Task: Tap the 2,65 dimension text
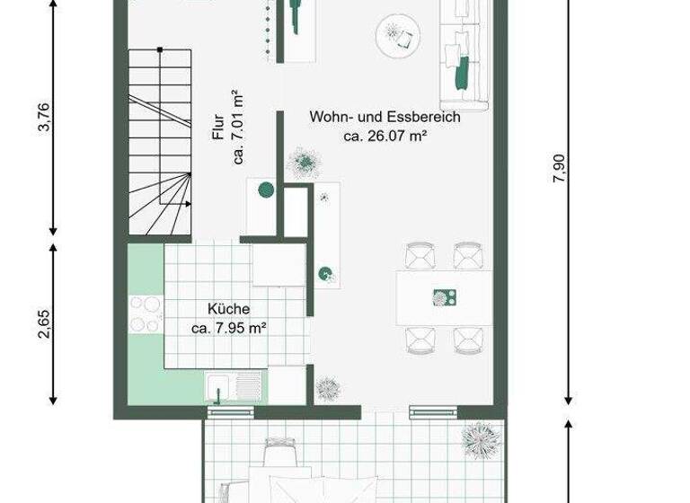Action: click(42, 324)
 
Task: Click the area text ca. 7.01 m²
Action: click(239, 128)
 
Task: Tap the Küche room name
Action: click(228, 309)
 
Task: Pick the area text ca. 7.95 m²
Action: click(228, 329)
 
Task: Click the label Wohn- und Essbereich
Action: click(385, 118)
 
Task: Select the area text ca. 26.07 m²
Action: click(385, 137)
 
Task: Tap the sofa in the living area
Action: click(464, 54)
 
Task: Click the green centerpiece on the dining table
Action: click(442, 297)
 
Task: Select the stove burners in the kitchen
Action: click(145, 315)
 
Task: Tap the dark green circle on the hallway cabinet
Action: click(266, 190)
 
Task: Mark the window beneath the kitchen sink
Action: click(231, 412)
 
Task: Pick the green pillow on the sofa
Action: click(464, 73)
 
